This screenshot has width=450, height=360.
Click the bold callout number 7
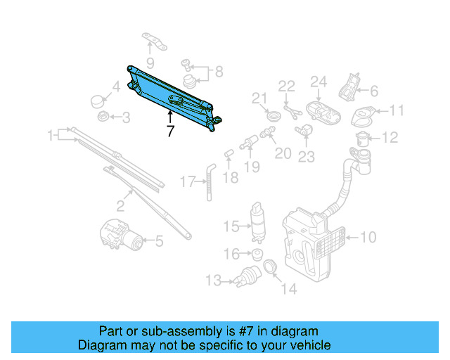pyautogui.click(x=169, y=131)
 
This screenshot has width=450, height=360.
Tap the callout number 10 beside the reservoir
pyautogui.click(x=368, y=238)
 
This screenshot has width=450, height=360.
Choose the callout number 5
pyautogui.click(x=159, y=242)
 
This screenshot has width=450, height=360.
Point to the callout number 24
pyautogui.click(x=319, y=83)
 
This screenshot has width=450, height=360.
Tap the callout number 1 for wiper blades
pyautogui.click(x=51, y=134)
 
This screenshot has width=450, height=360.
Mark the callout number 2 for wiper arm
pyautogui.click(x=120, y=206)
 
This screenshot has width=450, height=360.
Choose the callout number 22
pyautogui.click(x=286, y=86)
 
